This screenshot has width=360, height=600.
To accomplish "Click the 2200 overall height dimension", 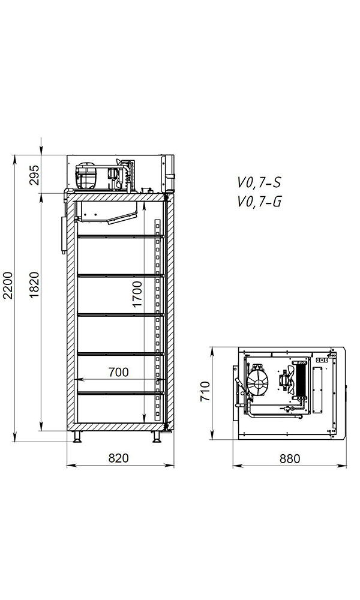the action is (8, 286).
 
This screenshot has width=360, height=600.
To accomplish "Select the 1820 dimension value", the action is (34, 285).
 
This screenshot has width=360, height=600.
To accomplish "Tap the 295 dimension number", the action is (34, 175).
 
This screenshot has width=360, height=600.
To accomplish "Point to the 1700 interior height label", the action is (137, 294).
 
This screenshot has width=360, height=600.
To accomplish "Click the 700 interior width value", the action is (119, 372).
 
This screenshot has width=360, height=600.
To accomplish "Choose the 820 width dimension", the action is (119, 458).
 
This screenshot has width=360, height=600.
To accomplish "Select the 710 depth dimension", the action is (205, 391).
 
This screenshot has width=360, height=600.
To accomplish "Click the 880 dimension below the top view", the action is (290, 458).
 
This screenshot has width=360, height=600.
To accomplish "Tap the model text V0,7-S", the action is (259, 183).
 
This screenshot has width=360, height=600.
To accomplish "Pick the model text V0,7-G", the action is (259, 201).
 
